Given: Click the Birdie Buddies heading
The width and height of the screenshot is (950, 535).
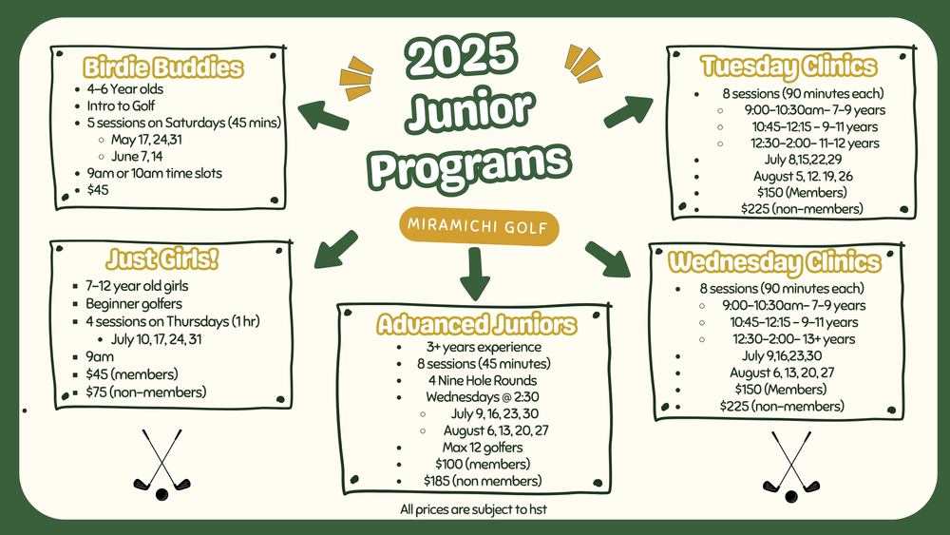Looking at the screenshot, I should coord(163,67).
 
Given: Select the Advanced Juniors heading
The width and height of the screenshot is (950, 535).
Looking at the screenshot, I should coord(476,325).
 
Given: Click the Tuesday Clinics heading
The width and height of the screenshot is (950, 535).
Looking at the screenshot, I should coord(788,67).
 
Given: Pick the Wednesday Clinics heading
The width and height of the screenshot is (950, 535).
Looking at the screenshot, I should coord(774,262).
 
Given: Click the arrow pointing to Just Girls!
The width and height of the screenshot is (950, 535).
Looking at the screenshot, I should coord(334,249).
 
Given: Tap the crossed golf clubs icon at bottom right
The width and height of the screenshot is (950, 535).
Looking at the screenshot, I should coord(790,467).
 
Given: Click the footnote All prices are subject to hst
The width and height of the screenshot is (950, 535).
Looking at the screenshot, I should coord(473,510).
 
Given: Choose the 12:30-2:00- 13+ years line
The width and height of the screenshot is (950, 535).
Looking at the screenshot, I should coord(793,339).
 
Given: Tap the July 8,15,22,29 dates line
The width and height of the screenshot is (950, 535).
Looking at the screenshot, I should coord(789,159).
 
